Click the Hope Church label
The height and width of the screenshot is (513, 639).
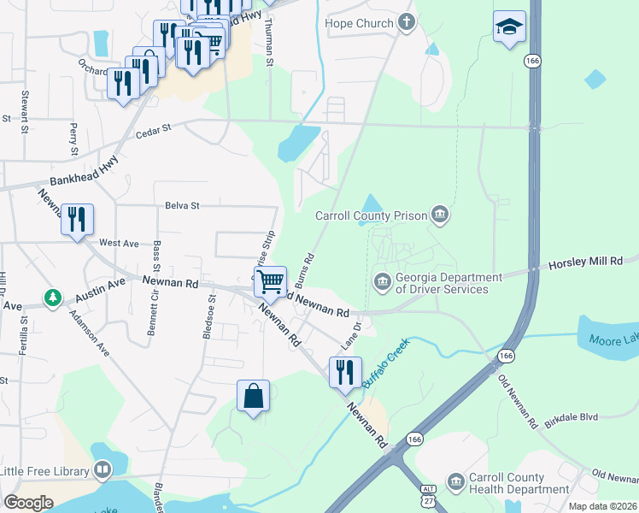tap(359, 24)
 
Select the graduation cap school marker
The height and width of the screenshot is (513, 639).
tap(509, 27)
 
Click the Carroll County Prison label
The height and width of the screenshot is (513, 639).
tap(371, 216)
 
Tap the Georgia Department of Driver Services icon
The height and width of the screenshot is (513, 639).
tap(382, 280)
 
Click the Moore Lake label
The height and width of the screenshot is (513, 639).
tap(613, 340)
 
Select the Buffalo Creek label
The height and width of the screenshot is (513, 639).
tap(386, 363)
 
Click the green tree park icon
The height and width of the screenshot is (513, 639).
tap(54, 298)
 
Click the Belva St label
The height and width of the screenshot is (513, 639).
tap(182, 206)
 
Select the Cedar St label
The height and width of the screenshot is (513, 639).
tap(154, 127)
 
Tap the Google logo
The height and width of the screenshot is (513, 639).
tap(28, 502)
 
